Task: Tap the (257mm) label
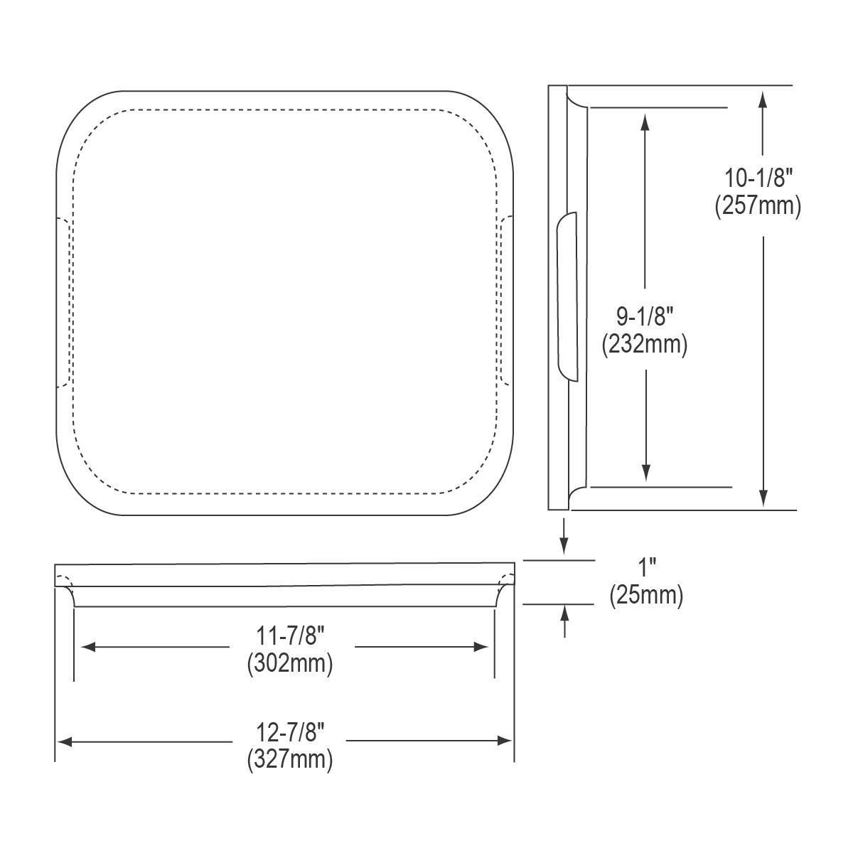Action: click(757, 206)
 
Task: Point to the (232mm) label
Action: click(645, 345)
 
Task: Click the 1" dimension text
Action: click(647, 567)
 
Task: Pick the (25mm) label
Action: click(646, 596)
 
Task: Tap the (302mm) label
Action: click(290, 664)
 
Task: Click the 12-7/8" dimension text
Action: click(290, 731)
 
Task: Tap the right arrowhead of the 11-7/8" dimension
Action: click(481, 647)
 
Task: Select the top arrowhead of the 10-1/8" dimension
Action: click(763, 97)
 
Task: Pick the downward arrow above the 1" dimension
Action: click(564, 544)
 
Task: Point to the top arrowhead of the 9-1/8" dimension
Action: click(645, 122)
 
